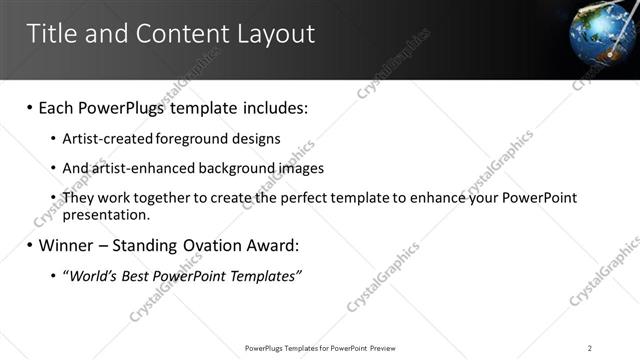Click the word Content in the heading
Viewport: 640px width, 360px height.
coord(174,34)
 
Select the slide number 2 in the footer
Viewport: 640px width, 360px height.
coord(590,348)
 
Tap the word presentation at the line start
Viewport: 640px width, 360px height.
coord(105,214)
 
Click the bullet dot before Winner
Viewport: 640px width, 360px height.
coord(30,245)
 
